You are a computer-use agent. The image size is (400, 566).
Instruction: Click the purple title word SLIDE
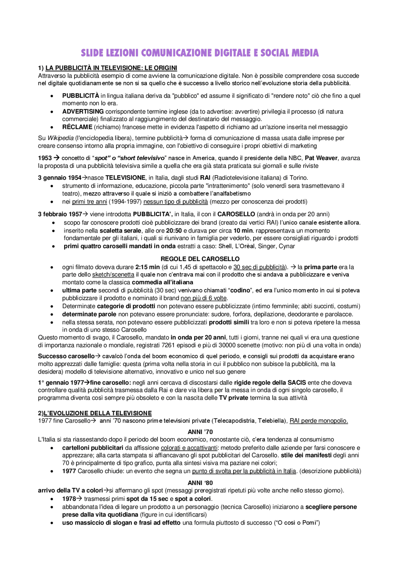click(x=92, y=53)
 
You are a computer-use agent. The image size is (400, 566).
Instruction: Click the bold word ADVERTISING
click(x=83, y=112)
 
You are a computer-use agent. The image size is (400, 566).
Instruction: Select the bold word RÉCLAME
click(x=77, y=127)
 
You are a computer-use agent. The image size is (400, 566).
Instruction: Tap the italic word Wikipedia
click(x=61, y=138)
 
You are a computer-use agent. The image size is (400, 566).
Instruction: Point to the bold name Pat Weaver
click(x=321, y=158)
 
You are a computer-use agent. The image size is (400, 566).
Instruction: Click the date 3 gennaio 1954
click(x=60, y=178)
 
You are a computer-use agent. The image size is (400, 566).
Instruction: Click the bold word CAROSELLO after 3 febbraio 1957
click(x=236, y=214)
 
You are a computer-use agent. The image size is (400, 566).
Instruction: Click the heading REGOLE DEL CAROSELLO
click(x=200, y=259)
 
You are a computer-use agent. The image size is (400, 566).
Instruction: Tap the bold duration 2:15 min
click(x=147, y=267)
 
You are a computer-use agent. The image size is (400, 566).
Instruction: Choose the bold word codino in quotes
click(x=240, y=290)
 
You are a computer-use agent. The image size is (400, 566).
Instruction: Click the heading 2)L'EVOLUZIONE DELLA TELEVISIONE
click(x=95, y=413)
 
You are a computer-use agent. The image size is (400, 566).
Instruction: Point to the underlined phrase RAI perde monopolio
click(x=318, y=421)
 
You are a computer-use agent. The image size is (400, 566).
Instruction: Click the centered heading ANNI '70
click(x=200, y=432)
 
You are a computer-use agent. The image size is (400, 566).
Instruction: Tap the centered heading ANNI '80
click(x=200, y=483)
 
